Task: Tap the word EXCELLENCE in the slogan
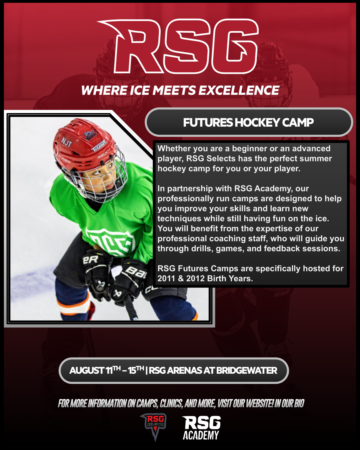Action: coord(239,90)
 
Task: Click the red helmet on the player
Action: coord(84,142)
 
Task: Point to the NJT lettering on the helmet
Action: coord(67,142)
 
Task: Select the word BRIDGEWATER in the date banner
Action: coord(247,371)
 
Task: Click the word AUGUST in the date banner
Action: coord(87,371)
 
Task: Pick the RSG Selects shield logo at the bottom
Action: coord(155,427)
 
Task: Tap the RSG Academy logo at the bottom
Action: coord(201,427)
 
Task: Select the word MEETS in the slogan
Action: coord(174,90)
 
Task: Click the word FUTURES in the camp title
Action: coord(208,122)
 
